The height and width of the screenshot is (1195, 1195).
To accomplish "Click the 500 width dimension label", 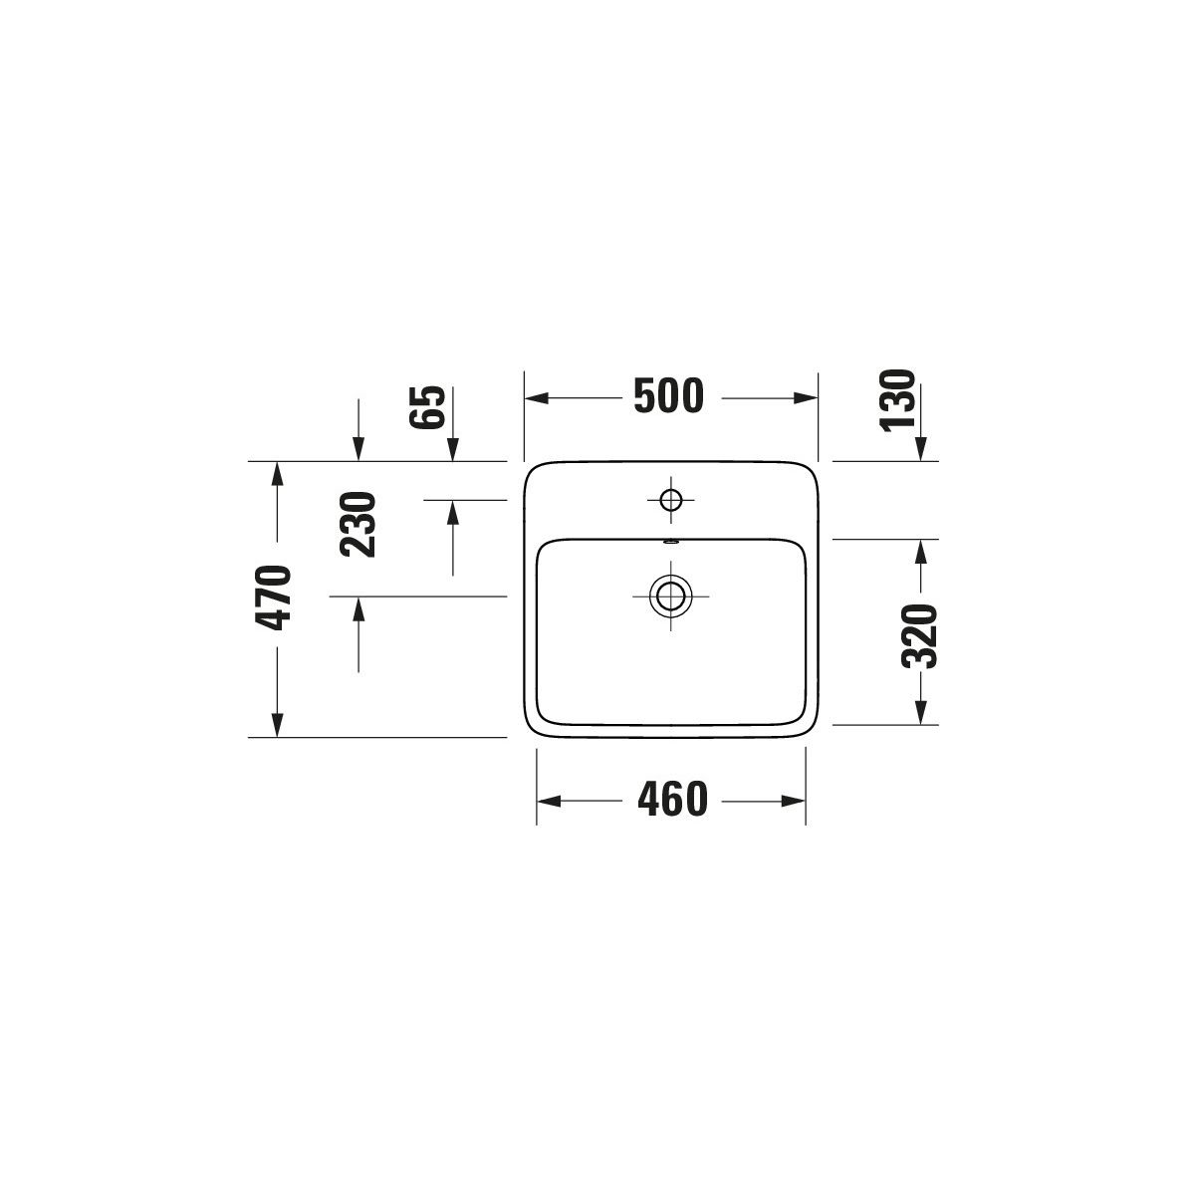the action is [x=668, y=395].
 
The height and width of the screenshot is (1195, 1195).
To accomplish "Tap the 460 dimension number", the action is [x=672, y=800].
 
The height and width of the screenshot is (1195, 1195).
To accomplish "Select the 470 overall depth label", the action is [x=273, y=597].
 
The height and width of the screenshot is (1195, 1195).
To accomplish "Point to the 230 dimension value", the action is [x=358, y=524].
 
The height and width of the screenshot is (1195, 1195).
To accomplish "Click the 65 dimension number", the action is [x=427, y=407].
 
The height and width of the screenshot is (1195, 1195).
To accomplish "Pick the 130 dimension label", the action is [x=897, y=400].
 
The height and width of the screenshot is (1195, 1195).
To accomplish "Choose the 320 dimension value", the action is [x=918, y=635].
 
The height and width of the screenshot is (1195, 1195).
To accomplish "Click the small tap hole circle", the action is [x=671, y=499].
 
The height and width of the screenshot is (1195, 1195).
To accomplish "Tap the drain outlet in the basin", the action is [x=670, y=596].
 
